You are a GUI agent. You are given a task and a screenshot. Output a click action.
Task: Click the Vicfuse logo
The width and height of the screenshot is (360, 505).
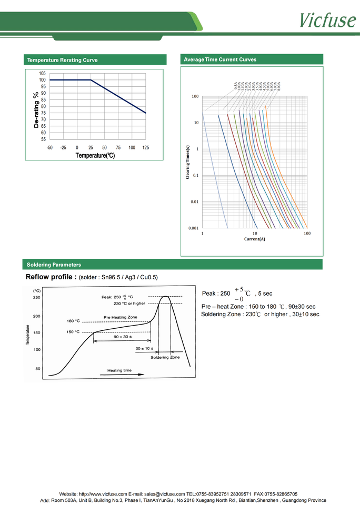(x=327, y=20)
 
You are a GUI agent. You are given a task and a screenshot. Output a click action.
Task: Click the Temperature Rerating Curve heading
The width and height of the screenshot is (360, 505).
(x=62, y=60)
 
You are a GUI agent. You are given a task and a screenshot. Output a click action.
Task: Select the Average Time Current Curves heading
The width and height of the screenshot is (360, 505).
(x=219, y=59)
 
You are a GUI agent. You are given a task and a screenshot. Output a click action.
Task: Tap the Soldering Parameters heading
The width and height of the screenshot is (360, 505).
(x=54, y=265)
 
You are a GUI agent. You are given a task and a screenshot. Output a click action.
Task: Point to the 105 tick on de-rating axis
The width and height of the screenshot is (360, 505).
(x=42, y=73)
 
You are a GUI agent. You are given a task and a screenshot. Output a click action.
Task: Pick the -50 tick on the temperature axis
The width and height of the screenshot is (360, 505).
(x=49, y=148)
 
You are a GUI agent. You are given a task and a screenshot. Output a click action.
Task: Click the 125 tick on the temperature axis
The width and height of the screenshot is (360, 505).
(x=145, y=148)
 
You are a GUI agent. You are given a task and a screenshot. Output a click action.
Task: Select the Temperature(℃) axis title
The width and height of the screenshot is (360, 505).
(x=95, y=156)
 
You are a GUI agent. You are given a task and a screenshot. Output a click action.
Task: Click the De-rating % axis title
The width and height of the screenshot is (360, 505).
(x=36, y=110)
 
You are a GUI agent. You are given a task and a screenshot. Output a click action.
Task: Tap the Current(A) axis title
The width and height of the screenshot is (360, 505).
(x=255, y=239)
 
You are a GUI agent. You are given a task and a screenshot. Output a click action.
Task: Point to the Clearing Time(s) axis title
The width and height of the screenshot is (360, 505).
(x=188, y=162)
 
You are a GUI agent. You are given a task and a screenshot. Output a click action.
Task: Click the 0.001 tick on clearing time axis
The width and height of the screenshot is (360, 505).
(x=194, y=228)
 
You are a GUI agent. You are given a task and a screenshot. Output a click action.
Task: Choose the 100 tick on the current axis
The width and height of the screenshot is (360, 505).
(x=307, y=233)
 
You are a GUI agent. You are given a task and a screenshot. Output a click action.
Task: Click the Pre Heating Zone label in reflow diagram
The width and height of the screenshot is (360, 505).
(x=121, y=317)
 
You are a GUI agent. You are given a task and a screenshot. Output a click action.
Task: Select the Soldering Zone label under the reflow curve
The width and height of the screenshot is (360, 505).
(x=165, y=357)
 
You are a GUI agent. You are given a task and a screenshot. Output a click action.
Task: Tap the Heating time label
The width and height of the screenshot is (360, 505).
(x=119, y=370)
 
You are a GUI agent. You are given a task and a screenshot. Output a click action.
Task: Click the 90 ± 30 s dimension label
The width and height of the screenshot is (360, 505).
(x=122, y=337)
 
